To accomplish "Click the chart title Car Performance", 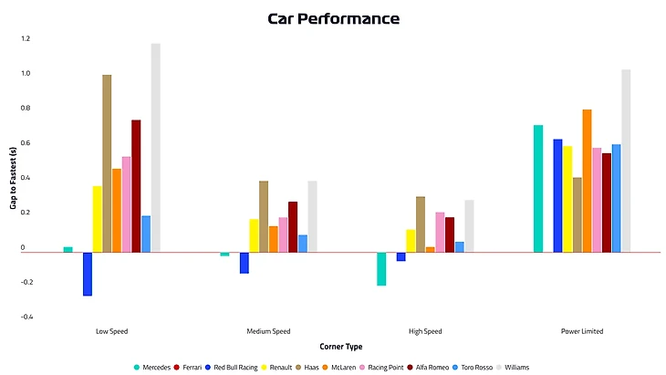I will coord(333,18).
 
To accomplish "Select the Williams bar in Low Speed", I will coord(156,147).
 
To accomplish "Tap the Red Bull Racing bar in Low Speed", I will coord(88,274).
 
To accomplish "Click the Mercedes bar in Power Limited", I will coord(538,188).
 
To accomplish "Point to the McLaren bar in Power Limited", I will coord(588,181).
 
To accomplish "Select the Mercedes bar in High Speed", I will coord(381,268).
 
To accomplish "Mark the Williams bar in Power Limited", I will coord(626,161).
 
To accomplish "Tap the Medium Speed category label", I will coord(268,331).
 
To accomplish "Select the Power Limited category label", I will coord(582,331).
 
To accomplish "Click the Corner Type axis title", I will coord(341,347).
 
